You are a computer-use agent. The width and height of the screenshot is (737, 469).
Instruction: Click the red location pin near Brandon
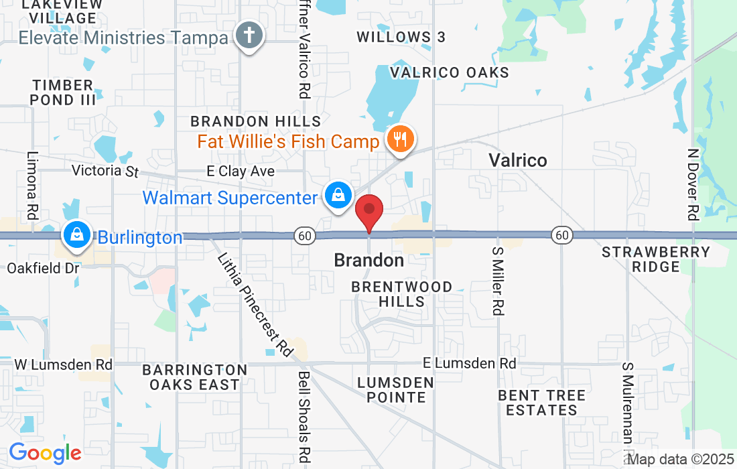pyautogui.click(x=368, y=211)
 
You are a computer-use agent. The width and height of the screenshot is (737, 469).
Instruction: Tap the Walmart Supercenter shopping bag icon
pyautogui.click(x=339, y=196)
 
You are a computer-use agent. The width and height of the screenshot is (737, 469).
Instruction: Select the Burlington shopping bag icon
pyautogui.click(x=78, y=235)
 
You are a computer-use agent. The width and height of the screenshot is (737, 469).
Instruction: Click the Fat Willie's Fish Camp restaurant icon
pyautogui.click(x=400, y=139)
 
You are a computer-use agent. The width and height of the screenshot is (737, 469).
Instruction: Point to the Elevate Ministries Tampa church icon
pyautogui.click(x=251, y=35)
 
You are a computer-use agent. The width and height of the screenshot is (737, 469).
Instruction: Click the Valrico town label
pyautogui.click(x=517, y=160)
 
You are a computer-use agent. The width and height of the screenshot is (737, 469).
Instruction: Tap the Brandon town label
pyautogui.click(x=368, y=260)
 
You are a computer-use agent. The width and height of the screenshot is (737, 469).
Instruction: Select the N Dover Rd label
pyautogui.click(x=693, y=184)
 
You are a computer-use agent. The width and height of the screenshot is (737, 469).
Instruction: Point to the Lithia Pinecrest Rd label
pyautogui.click(x=255, y=305)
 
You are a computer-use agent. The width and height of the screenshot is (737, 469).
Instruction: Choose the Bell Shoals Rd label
pyautogui.click(x=304, y=416)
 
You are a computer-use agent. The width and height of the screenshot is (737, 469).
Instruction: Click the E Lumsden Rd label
pyautogui.click(x=469, y=363)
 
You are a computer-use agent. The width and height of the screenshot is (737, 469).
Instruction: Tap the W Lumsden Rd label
pyautogui.click(x=64, y=364)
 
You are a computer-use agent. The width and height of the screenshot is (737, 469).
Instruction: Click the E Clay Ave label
pyautogui.click(x=241, y=172)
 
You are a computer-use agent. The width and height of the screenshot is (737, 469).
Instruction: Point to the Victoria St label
pyautogui.click(x=105, y=171)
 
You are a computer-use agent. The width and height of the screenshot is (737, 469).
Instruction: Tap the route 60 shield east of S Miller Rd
pyautogui.click(x=562, y=234)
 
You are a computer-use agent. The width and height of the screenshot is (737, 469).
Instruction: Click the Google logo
pyautogui.click(x=45, y=453)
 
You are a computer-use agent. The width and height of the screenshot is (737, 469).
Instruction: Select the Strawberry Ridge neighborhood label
pyautogui.click(x=655, y=259)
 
